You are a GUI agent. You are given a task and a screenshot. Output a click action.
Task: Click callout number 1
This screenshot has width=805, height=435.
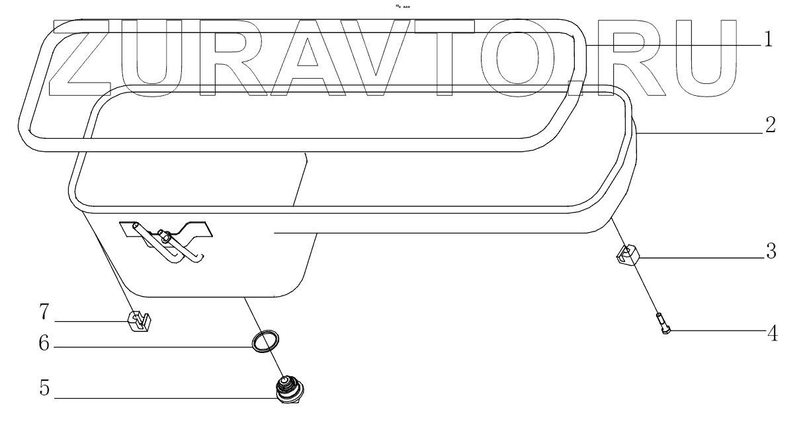tap(767, 40)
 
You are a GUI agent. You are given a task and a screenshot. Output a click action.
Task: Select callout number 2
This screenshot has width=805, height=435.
tap(769, 126)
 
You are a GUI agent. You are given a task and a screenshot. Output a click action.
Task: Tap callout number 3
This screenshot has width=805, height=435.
tap(769, 253)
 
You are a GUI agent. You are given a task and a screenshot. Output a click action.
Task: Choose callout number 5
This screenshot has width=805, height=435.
tap(44, 389)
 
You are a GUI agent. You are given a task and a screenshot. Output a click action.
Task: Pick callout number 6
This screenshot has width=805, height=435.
tap(44, 345)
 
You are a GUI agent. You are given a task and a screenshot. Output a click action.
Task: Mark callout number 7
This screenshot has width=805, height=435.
tap(44, 309)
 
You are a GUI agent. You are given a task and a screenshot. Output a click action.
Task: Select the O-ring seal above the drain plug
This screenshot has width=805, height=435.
tap(265, 342)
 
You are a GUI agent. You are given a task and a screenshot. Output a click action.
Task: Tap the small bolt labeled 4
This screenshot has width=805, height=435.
tap(664, 324)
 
